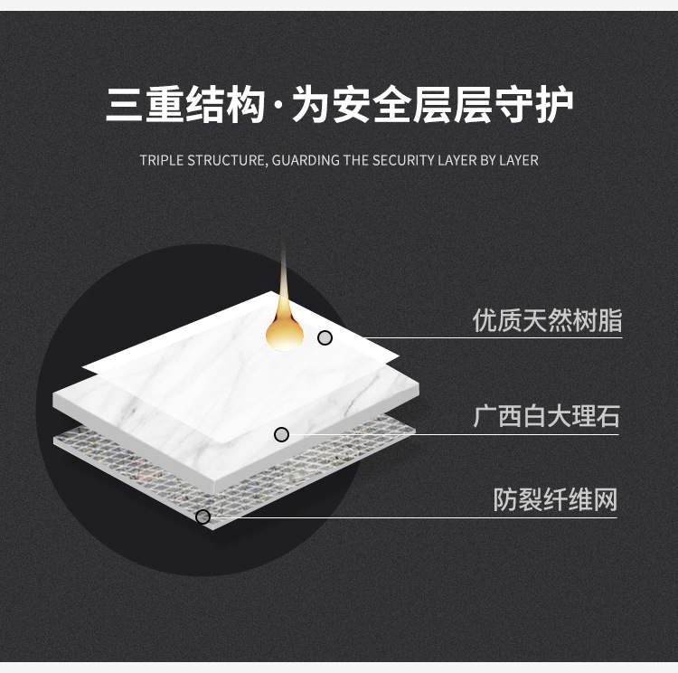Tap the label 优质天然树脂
point(547,320)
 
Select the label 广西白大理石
point(547,417)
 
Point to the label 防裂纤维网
point(555,499)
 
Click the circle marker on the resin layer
point(325,337)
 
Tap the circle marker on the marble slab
point(281,435)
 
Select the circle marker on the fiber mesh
point(202,517)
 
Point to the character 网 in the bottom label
point(604,499)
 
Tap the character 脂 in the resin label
point(609,320)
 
